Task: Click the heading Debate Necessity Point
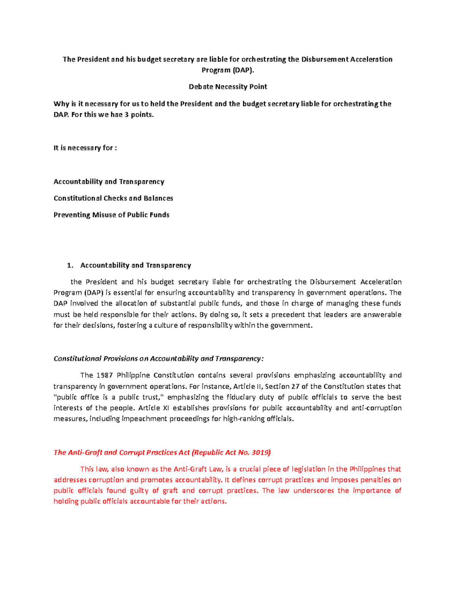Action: click(x=228, y=87)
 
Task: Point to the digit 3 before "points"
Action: click(x=127, y=114)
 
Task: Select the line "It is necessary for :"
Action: click(x=85, y=148)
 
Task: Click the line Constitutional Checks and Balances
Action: click(x=113, y=198)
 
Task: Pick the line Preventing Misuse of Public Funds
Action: click(x=111, y=215)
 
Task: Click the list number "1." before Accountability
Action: click(x=70, y=265)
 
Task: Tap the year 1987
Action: click(x=104, y=375)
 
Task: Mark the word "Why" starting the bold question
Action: click(x=61, y=104)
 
